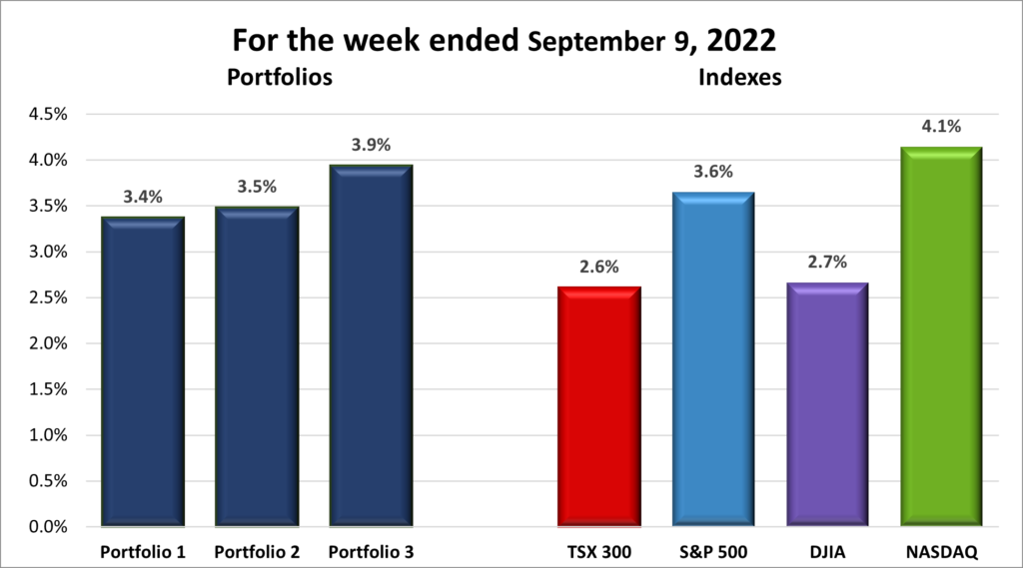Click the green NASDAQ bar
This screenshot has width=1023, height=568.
pos(940,336)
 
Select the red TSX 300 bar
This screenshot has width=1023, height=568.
pos(598,406)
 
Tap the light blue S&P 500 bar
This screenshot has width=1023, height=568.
pos(712,359)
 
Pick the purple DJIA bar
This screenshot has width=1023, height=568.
pos(826,404)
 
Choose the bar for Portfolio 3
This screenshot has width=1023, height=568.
pos(371,345)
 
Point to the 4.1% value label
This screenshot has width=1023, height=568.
pos(940,126)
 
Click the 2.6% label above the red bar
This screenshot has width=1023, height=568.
pos(598,267)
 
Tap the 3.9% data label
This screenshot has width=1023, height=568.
pos(371,145)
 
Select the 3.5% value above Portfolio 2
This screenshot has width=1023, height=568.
pos(257,187)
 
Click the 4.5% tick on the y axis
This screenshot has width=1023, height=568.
pos(47,114)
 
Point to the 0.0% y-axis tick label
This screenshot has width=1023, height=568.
pos(47,526)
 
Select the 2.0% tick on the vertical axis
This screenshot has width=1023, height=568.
pos(47,343)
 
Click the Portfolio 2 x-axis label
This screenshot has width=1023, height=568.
pos(257,551)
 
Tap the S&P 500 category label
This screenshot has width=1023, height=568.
pos(712,551)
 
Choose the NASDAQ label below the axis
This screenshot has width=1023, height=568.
pos(940,551)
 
